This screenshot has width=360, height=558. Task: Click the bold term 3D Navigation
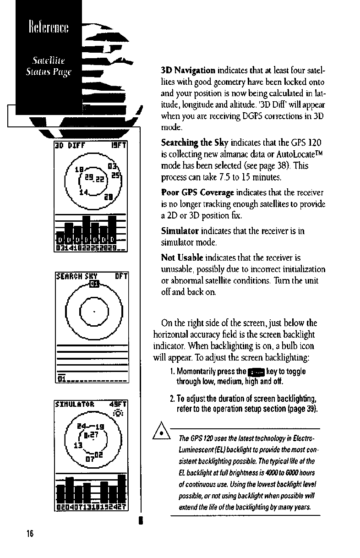pyautogui.click(x=188, y=71)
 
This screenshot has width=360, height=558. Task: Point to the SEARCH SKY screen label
pyautogui.click(x=73, y=276)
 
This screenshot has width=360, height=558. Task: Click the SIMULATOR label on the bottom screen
pyautogui.click(x=74, y=405)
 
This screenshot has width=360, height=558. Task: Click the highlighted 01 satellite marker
pyautogui.click(x=94, y=285)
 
